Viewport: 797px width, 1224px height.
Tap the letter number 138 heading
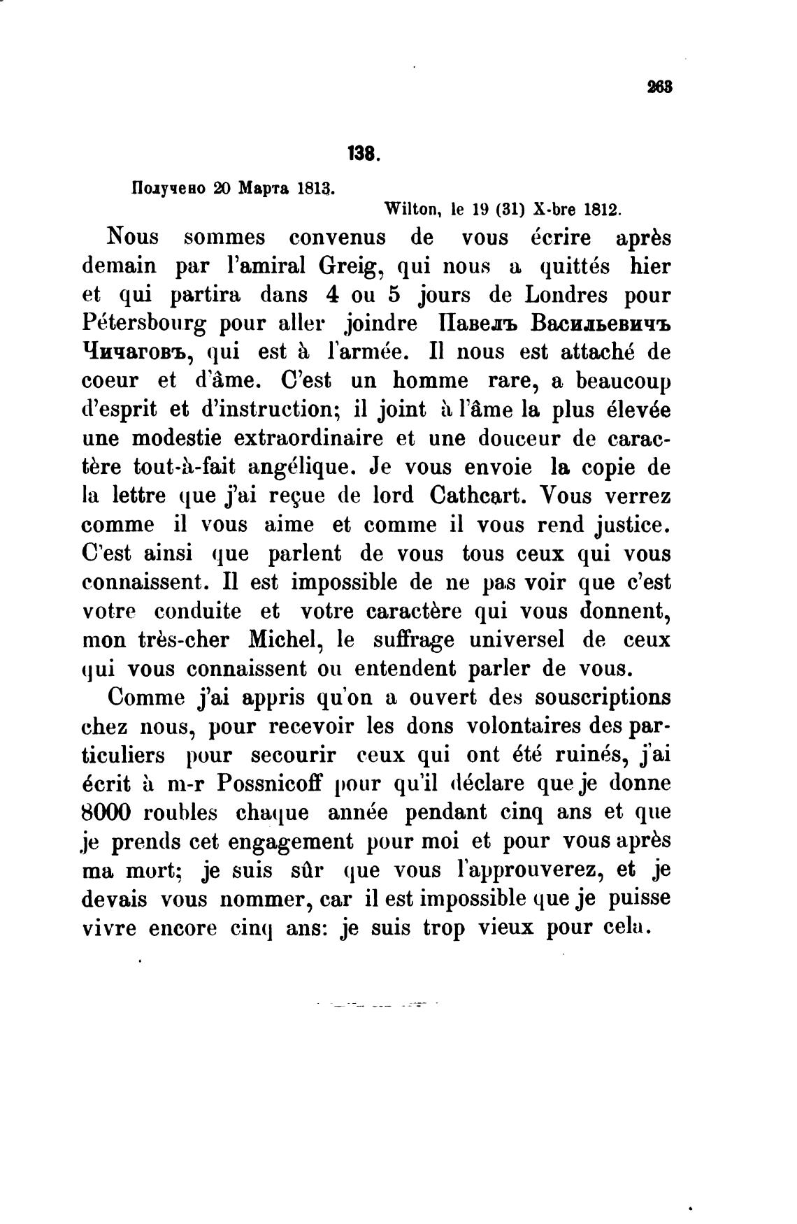[363, 153]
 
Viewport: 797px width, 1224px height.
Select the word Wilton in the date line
[409, 208]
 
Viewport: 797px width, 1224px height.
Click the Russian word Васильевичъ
[601, 324]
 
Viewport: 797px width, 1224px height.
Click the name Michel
[288, 640]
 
